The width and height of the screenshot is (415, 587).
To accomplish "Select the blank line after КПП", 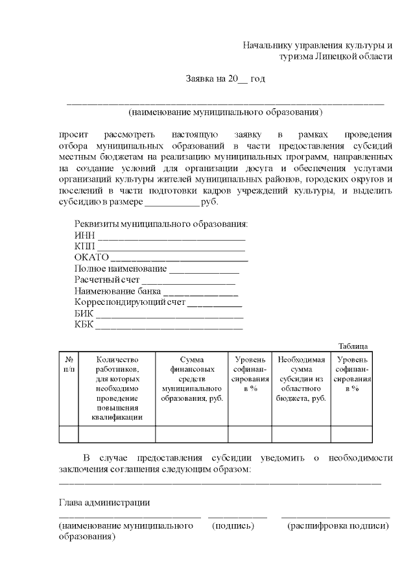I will [x=170, y=248].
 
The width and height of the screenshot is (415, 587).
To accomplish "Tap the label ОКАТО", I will [x=91, y=258].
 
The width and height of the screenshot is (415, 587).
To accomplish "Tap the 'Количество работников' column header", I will [x=117, y=388].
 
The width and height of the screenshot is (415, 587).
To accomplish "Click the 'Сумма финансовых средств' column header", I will [x=192, y=378].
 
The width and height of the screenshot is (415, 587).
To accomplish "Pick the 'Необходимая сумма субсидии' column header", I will [x=301, y=378].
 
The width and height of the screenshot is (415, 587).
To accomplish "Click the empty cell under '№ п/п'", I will [x=69, y=434].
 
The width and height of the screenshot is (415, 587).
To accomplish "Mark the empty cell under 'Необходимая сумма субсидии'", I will [x=301, y=434].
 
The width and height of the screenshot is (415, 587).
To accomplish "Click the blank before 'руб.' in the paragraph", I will [x=171, y=203].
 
